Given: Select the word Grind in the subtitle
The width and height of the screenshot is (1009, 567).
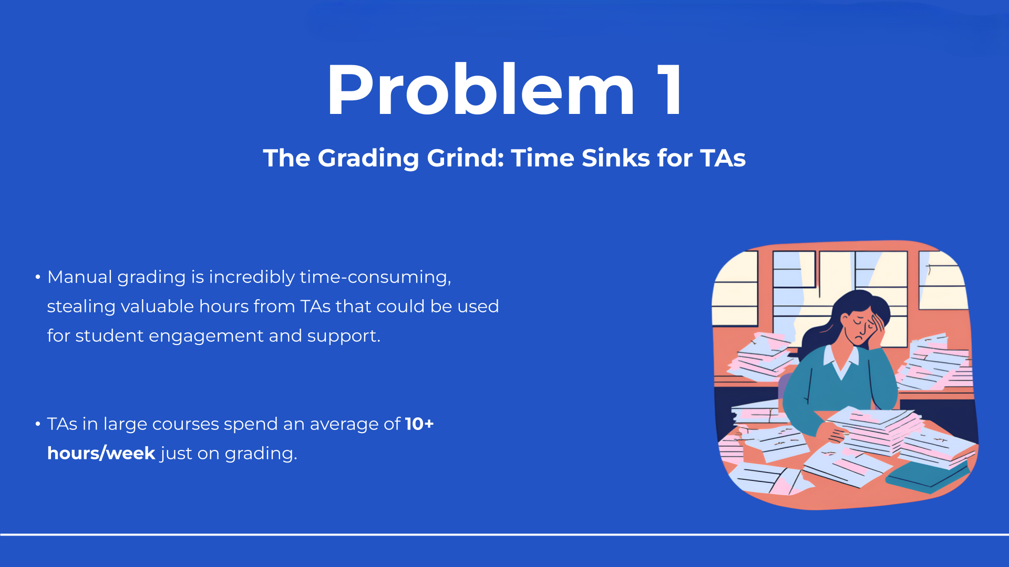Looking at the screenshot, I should (465, 158).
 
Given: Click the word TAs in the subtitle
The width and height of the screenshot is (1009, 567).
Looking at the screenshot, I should (723, 158).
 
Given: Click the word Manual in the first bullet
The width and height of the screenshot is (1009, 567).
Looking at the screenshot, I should (79, 277).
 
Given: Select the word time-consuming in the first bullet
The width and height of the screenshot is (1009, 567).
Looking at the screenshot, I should (375, 277).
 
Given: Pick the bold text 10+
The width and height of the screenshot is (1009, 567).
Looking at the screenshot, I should (419, 424).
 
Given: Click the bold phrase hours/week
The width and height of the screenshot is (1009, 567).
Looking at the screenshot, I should (101, 453).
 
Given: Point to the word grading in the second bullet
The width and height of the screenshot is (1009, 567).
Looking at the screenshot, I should (261, 454).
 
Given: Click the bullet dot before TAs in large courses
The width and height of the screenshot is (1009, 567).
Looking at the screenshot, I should (38, 424).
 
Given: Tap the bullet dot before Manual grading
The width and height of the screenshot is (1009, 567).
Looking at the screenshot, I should (38, 277).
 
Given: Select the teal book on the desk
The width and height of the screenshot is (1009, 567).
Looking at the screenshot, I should (925, 475).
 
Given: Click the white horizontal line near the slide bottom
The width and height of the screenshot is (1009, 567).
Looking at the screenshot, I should (504, 534).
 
